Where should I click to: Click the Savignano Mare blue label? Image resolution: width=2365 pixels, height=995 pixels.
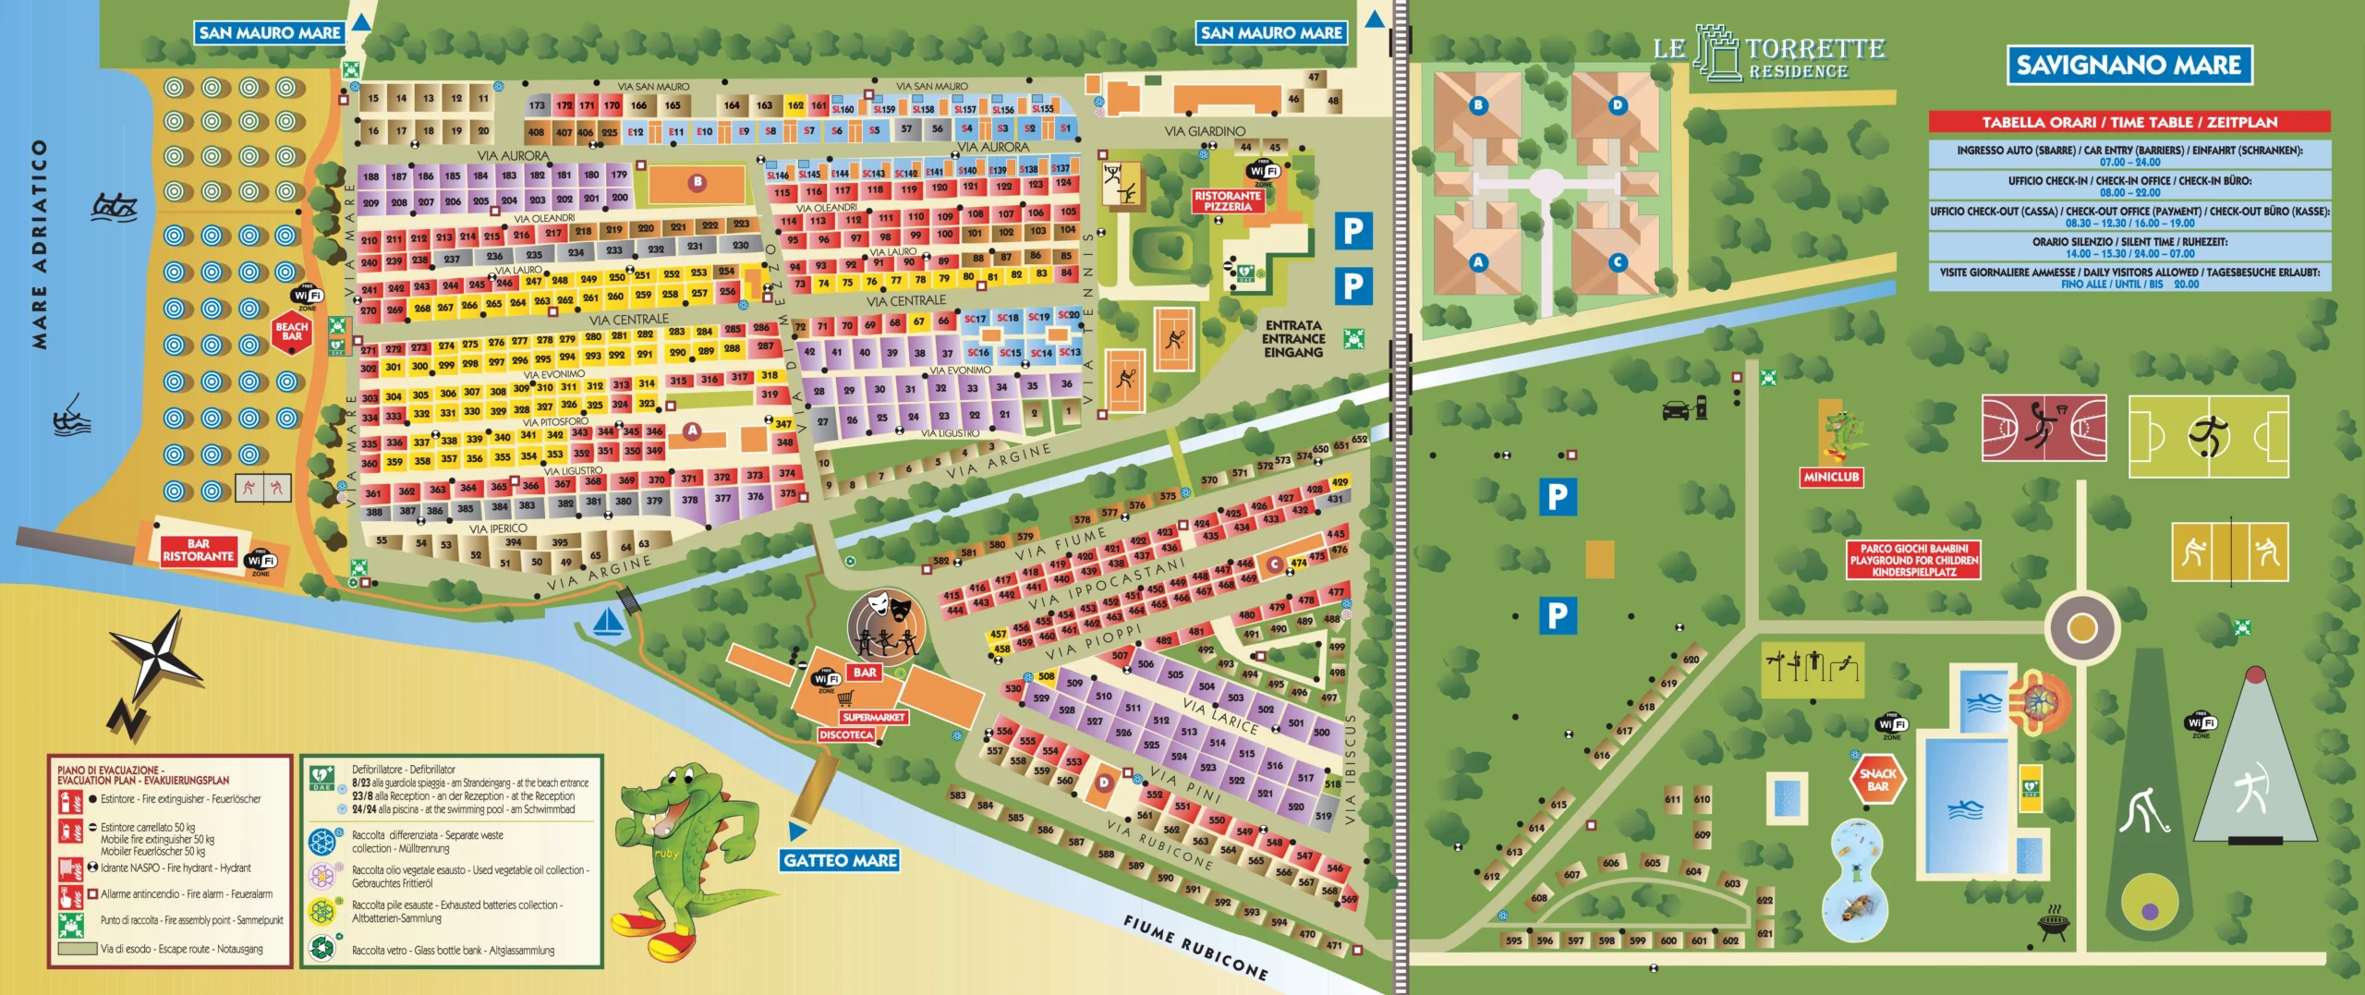2128,66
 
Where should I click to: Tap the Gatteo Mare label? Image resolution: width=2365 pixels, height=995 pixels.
840,860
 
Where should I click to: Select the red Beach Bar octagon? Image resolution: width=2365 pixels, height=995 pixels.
292,332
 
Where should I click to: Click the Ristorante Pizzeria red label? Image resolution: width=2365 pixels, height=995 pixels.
1227,201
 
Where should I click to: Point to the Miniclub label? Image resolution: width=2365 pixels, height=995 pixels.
1830,477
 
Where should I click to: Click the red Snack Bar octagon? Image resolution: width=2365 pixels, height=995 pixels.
1877,780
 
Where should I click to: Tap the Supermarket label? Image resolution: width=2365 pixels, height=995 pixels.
873,717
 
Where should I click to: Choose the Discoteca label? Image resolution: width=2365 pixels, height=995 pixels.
845,735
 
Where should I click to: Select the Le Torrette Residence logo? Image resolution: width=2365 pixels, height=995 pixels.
1768,54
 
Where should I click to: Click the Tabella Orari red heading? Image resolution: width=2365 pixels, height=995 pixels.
2128,122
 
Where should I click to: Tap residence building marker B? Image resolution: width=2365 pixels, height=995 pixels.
1478,105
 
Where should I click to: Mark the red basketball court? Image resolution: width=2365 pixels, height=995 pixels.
2044,428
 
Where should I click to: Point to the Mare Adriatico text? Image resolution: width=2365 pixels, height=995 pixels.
39,244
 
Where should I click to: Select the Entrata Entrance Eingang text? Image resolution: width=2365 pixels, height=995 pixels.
1292,339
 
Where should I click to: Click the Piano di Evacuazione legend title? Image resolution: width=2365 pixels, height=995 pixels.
142,774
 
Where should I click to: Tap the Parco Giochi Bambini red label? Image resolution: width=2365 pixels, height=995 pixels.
1913,560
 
